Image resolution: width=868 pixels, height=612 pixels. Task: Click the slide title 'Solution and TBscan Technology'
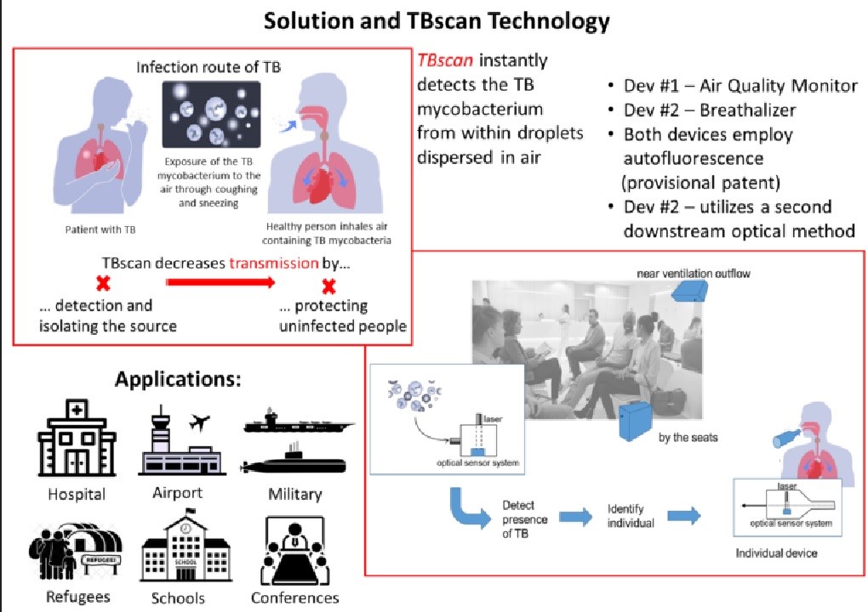(437, 20)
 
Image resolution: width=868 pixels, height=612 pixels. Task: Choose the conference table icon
(294, 549)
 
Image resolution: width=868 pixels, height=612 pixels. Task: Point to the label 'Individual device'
(777, 553)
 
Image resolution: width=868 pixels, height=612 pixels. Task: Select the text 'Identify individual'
(631, 516)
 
